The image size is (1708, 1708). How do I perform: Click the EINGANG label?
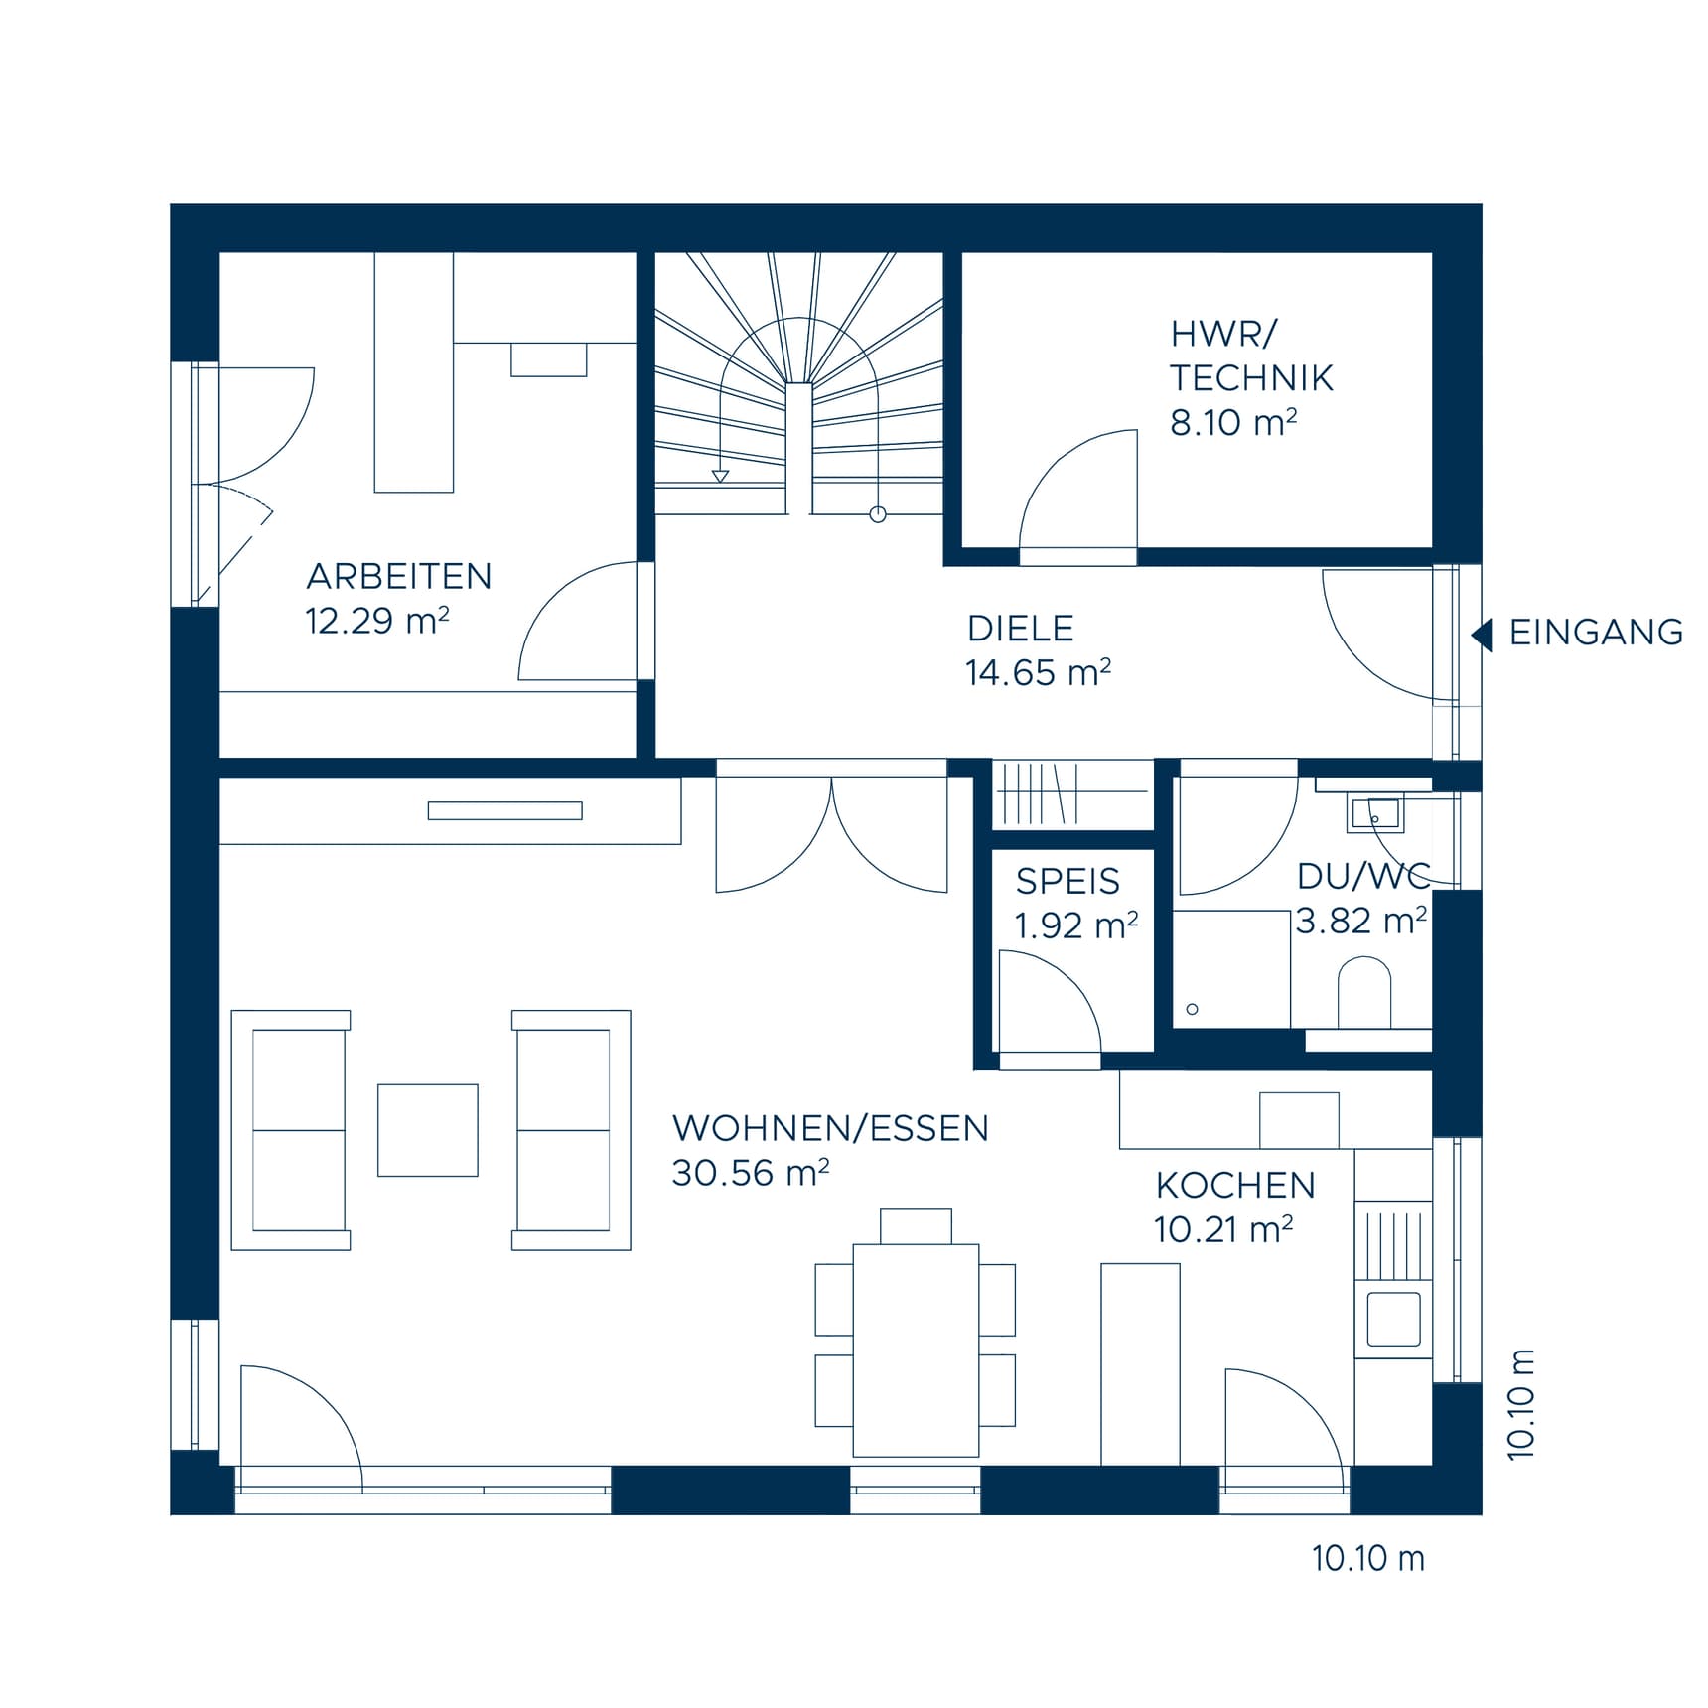point(1595,633)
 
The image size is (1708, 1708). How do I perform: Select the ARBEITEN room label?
point(398,577)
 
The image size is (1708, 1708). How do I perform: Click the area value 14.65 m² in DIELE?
point(1037,673)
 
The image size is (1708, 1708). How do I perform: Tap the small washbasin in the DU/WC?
point(1374,814)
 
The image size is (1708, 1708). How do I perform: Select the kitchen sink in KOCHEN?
point(1393,1319)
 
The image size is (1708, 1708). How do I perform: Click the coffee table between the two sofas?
point(427,1130)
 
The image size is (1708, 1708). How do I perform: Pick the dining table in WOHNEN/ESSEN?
point(916,1350)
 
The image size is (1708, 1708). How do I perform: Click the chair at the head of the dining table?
point(916,1225)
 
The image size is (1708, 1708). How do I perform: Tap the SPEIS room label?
point(1067,882)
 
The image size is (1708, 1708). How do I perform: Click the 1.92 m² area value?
point(1075,926)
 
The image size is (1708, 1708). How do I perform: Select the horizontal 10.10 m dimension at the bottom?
point(1367,1559)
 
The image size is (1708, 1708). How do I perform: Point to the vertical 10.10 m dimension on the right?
point(1520,1404)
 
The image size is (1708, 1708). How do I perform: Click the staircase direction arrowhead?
point(720,476)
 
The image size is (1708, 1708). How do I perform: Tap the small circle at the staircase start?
point(878,514)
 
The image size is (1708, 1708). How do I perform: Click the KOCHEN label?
point(1234,1186)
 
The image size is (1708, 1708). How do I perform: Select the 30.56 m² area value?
point(750,1174)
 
